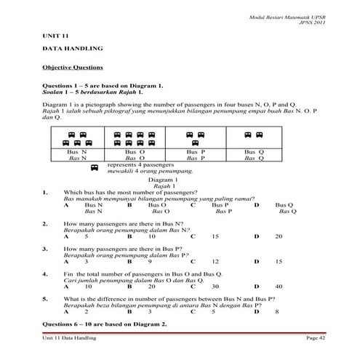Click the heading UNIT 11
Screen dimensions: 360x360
click(x=54, y=35)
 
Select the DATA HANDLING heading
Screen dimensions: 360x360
click(x=71, y=49)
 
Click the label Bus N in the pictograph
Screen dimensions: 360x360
click(x=77, y=151)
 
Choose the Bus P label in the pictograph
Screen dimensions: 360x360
click(x=196, y=151)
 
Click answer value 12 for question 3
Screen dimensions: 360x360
click(x=215, y=261)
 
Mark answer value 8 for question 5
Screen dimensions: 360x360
click(x=277, y=311)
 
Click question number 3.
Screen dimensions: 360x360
click(x=45, y=249)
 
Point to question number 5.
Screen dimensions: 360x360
click(x=45, y=299)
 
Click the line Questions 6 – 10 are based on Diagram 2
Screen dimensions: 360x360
click(x=105, y=322)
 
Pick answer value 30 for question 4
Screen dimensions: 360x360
click(x=215, y=287)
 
